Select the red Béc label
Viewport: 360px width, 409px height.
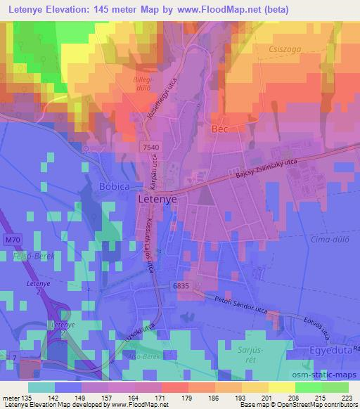tap(221, 130)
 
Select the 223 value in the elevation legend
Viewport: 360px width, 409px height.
tap(345, 397)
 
